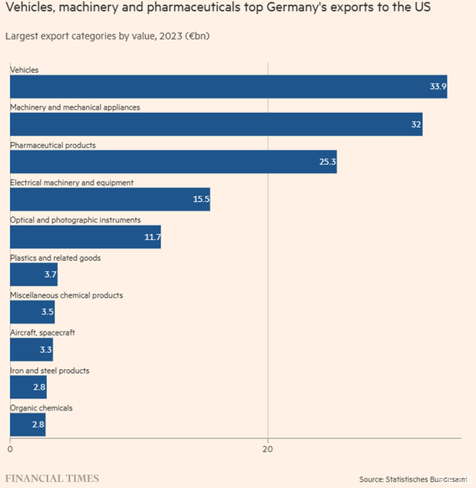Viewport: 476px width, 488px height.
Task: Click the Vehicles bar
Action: click(228, 87)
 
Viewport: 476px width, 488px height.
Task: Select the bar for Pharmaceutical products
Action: click(173, 162)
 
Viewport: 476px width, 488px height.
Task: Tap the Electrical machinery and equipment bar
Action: click(110, 199)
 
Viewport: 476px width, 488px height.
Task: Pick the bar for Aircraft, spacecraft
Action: click(31, 350)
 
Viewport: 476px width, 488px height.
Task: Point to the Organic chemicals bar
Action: click(28, 425)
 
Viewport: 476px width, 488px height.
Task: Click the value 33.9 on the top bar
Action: click(438, 87)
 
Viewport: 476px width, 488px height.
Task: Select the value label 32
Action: click(416, 124)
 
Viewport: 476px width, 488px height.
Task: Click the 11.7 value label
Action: click(152, 237)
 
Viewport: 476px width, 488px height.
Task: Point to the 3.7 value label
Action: click(47, 275)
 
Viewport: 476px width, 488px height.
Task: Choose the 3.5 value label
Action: click(46, 312)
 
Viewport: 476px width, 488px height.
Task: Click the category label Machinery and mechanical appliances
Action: click(75, 107)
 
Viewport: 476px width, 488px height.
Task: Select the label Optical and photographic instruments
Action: click(75, 220)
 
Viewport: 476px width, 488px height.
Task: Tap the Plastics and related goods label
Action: click(55, 258)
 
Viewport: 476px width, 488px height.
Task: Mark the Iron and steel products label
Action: click(50, 371)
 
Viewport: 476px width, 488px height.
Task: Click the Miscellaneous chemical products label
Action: click(67, 295)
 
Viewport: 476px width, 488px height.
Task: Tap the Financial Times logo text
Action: click(52, 478)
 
